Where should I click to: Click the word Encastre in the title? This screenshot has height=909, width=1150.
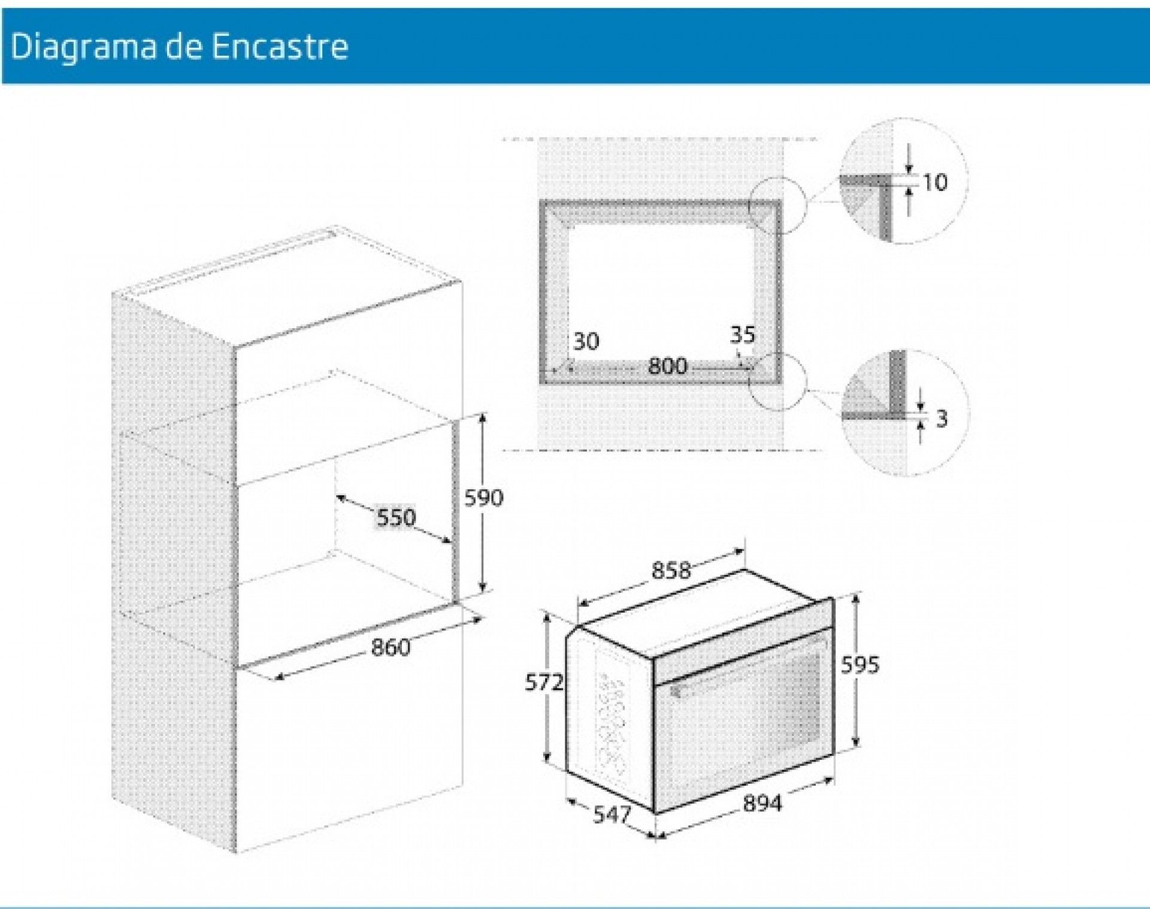click(280, 46)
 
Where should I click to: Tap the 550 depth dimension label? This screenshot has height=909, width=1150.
click(396, 517)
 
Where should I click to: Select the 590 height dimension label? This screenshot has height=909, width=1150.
click(484, 497)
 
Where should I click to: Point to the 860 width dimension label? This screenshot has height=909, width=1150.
click(391, 647)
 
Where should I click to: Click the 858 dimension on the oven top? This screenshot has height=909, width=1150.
click(671, 570)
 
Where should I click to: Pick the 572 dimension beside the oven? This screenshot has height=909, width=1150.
click(544, 682)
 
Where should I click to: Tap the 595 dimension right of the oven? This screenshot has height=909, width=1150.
click(860, 664)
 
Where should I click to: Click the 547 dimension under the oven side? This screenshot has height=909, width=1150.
click(612, 814)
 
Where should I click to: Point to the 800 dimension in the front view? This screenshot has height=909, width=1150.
click(667, 365)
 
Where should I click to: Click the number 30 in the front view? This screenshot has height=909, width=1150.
click(586, 341)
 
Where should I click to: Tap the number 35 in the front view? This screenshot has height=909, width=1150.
click(743, 334)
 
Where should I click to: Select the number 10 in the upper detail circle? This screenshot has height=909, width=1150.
click(934, 182)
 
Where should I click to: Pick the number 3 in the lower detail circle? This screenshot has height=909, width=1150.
click(942, 419)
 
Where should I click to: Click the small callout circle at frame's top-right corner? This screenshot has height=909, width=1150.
click(777, 205)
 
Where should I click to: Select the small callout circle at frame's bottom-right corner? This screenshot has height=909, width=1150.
click(777, 381)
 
